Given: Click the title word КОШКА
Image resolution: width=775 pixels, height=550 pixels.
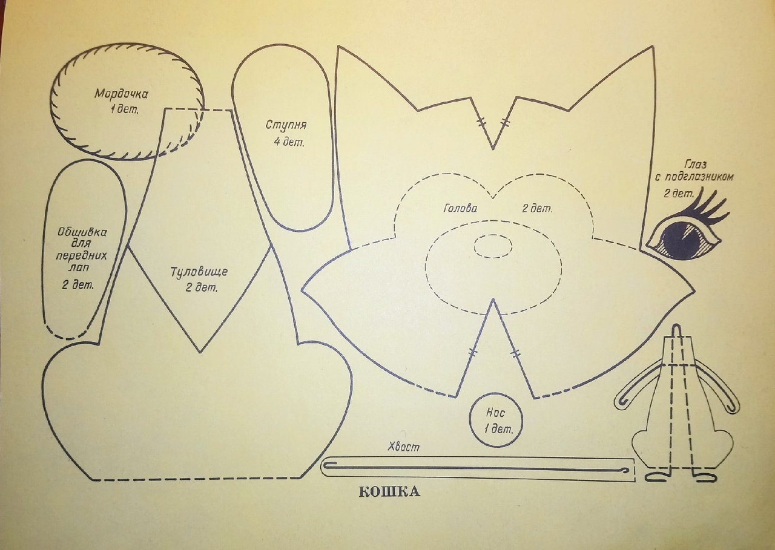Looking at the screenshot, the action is pyautogui.click(x=389, y=491).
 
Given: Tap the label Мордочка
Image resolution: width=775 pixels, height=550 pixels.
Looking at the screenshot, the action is pyautogui.click(x=121, y=94).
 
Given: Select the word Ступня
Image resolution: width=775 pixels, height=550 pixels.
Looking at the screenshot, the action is pyautogui.click(x=286, y=125).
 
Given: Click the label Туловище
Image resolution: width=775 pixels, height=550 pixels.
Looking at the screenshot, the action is pyautogui.click(x=199, y=272).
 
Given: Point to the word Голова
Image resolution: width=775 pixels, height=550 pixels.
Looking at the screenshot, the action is pyautogui.click(x=460, y=209).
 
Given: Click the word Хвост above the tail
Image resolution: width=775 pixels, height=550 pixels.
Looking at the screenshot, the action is pyautogui.click(x=403, y=447).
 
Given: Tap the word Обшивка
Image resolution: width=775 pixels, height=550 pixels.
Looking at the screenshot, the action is pyautogui.click(x=82, y=232).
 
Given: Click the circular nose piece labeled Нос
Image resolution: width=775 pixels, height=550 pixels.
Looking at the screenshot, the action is pyautogui.click(x=496, y=420).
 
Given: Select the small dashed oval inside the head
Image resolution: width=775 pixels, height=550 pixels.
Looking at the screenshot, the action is pyautogui.click(x=493, y=246).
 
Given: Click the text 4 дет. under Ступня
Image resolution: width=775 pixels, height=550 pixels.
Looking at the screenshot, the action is pyautogui.click(x=289, y=142).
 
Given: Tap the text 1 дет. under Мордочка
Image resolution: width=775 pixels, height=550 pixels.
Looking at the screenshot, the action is pyautogui.click(x=124, y=110).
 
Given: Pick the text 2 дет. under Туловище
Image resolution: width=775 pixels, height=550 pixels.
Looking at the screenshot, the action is pyautogui.click(x=202, y=287).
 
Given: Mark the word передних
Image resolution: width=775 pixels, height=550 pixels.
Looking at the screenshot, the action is pyautogui.click(x=82, y=255).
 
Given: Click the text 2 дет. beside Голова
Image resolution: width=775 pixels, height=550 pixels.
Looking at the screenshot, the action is pyautogui.click(x=537, y=209).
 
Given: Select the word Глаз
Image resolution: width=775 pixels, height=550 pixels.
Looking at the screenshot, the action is pyautogui.click(x=694, y=164).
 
